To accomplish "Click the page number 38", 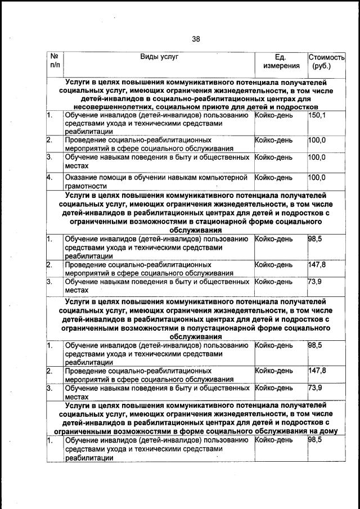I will [x=195, y=39].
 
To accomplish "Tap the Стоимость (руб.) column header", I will [x=326, y=61].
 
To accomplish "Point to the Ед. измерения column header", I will [x=281, y=61].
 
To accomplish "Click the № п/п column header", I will [x=55, y=61].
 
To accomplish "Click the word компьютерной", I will [x=226, y=178].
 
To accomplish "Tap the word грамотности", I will [x=85, y=186].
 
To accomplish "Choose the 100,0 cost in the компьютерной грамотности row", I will [x=317, y=177].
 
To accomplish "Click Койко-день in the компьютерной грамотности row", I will [x=274, y=178].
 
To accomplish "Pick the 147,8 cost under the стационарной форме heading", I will [x=318, y=264].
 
